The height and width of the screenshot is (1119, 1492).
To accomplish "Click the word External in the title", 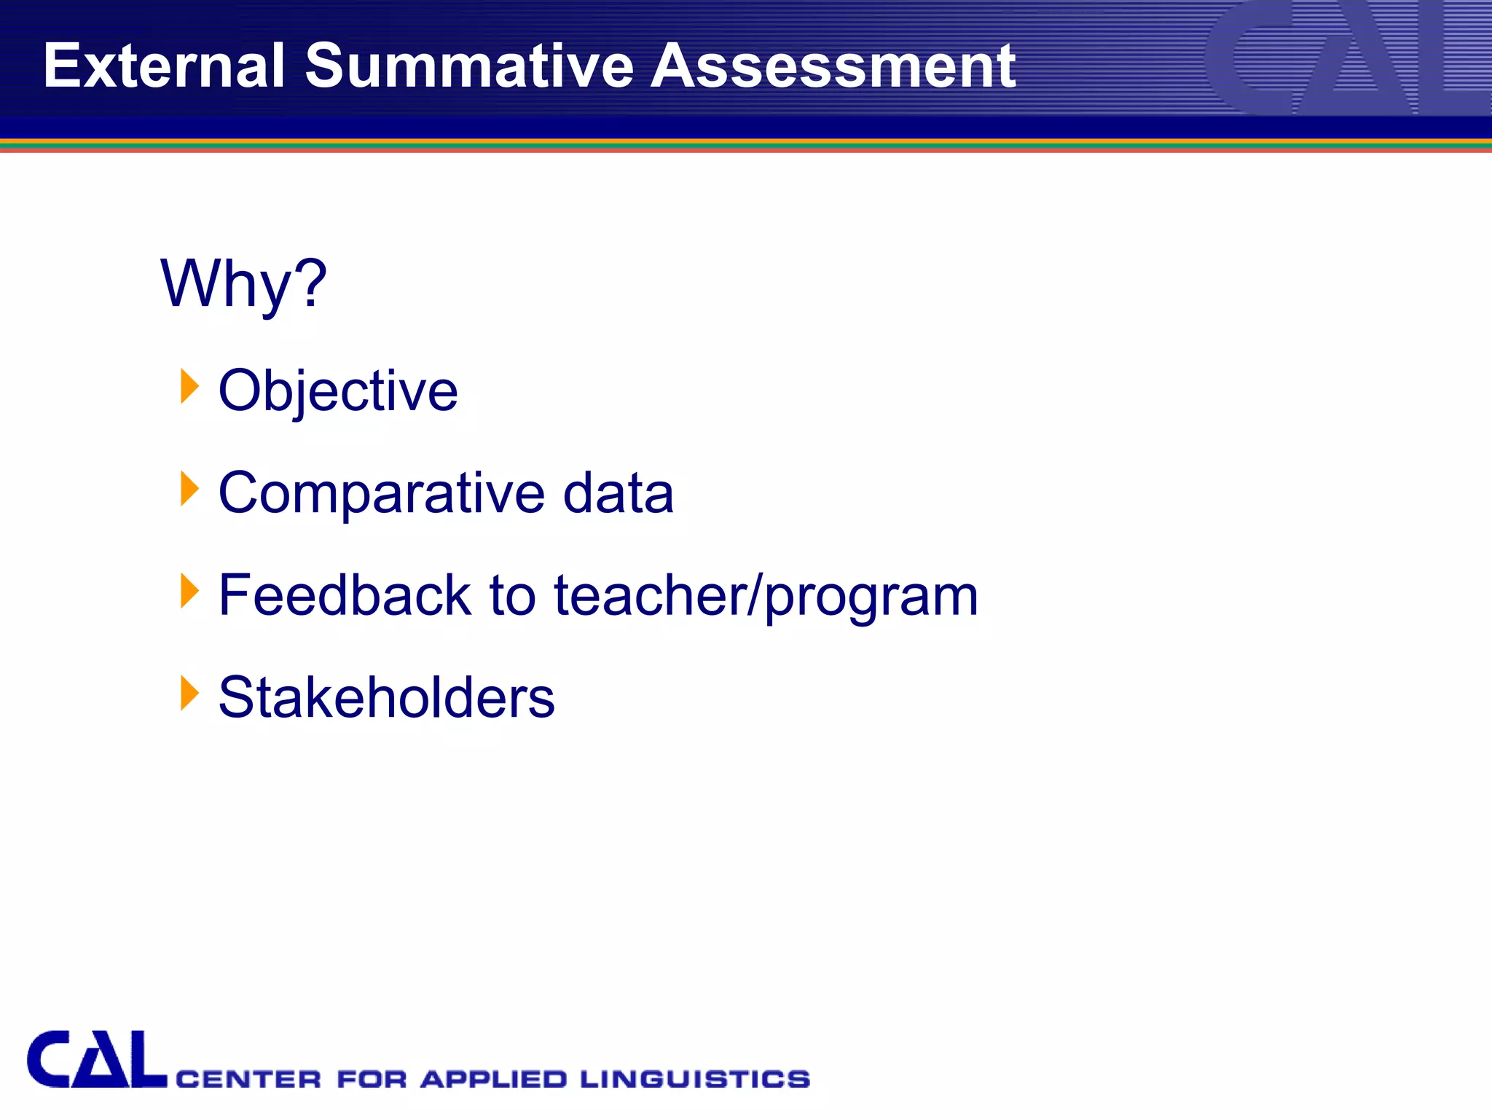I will pos(163,66).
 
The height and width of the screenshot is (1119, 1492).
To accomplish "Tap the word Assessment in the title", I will pos(833,66).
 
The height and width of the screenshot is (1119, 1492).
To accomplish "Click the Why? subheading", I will pos(243,284).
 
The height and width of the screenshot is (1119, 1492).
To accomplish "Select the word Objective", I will pos(338,391).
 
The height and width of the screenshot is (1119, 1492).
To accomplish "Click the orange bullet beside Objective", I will pos(189,385).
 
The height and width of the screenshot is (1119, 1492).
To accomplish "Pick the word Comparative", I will pos(381,493).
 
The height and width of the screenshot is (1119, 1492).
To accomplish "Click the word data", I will pos(619,493).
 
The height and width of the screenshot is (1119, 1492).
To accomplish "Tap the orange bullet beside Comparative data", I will pos(189,488).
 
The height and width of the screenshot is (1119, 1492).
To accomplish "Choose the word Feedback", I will pos(345,595).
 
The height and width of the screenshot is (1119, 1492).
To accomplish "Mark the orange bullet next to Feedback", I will pos(189,590).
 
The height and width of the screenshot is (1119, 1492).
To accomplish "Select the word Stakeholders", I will pos(386,697).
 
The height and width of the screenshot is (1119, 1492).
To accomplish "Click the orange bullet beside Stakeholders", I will pos(189,693).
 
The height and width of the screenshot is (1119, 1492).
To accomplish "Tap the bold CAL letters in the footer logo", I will pos(96,1059).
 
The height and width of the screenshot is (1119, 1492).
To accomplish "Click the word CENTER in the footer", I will pos(248,1079).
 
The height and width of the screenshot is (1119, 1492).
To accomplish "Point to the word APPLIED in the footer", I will pos(493,1079).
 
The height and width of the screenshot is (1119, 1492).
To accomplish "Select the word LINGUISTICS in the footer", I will pos(695,1079).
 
